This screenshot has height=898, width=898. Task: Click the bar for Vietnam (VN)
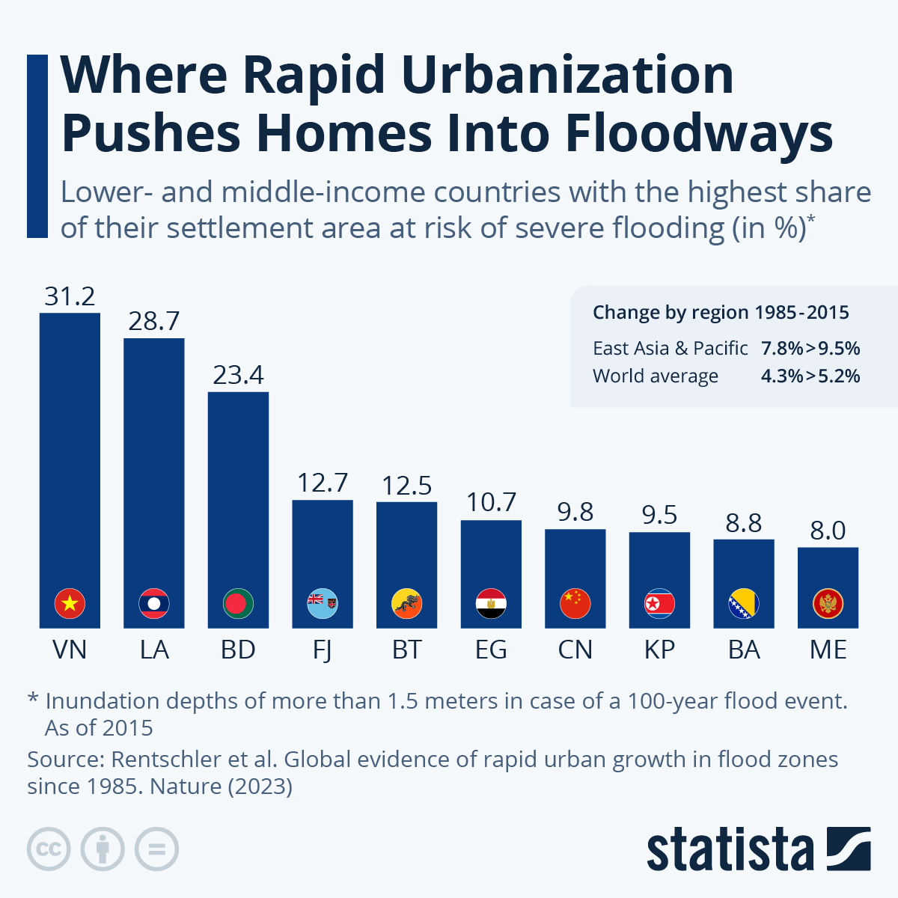(x=70, y=449)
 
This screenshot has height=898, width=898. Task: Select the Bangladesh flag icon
(x=238, y=603)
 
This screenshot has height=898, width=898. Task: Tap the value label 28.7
(x=154, y=321)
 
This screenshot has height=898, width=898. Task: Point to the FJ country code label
(x=322, y=650)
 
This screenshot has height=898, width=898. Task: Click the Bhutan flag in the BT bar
(x=406, y=603)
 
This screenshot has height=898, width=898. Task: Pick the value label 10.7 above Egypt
(x=491, y=502)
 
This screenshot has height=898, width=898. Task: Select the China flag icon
(x=575, y=603)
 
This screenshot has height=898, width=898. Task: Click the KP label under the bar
(x=659, y=650)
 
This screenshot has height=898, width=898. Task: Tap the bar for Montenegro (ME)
(x=828, y=576)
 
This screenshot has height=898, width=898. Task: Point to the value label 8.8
(x=743, y=523)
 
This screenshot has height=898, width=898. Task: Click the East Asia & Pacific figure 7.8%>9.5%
(x=810, y=348)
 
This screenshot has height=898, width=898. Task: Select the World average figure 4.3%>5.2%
(x=810, y=376)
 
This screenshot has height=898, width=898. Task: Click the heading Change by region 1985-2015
(x=721, y=312)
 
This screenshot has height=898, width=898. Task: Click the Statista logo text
(x=730, y=849)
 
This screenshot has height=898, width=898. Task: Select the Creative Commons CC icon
(x=49, y=849)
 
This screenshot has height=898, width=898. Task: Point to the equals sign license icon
(x=156, y=849)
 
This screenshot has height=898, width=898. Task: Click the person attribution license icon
(x=103, y=849)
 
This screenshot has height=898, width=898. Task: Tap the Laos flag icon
(x=154, y=603)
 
